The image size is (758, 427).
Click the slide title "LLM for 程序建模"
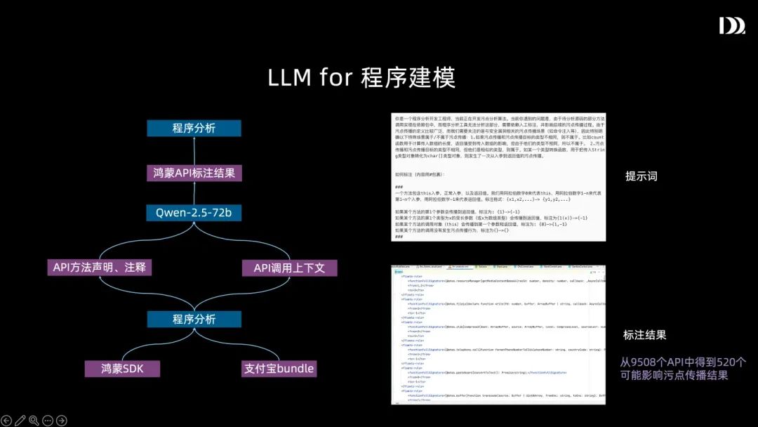tap(361, 77)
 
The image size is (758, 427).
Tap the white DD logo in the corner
tap(731, 26)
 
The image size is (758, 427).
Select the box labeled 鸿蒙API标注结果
tap(194, 172)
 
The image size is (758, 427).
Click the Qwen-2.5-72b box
tap(194, 212)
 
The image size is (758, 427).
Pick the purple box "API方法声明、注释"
tap(102, 268)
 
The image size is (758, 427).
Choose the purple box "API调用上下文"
tap(289, 268)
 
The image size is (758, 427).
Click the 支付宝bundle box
tap(279, 368)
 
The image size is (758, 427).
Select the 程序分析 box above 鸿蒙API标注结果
tap(194, 128)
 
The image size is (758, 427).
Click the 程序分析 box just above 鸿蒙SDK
tap(194, 319)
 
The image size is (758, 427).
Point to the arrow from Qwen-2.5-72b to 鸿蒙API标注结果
tap(194, 192)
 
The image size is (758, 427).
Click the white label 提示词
tap(641, 176)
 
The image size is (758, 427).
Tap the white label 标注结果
tap(644, 335)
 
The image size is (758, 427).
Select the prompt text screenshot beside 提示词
tap(498, 176)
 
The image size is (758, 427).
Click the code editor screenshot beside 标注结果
tap(498, 334)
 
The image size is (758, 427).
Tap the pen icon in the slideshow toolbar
tap(20, 420)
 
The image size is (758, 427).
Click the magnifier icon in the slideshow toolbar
tap(34, 420)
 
